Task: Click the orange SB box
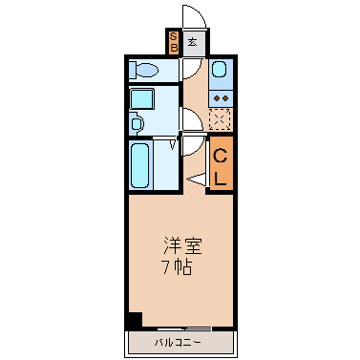(x=174, y=42)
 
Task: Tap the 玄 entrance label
(x=192, y=42)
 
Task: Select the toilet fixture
(x=143, y=70)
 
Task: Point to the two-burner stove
(x=221, y=98)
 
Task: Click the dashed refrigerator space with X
(x=220, y=119)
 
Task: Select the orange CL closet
(x=222, y=163)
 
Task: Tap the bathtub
(x=139, y=165)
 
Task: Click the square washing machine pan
(x=142, y=99)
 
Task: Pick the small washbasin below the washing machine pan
(x=137, y=123)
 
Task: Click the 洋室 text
(x=183, y=245)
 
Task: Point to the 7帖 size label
(x=178, y=267)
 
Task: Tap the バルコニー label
(x=178, y=343)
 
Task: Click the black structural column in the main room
(x=135, y=320)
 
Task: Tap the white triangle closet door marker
(x=197, y=179)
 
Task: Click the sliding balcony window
(x=184, y=328)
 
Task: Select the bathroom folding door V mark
(x=173, y=144)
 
